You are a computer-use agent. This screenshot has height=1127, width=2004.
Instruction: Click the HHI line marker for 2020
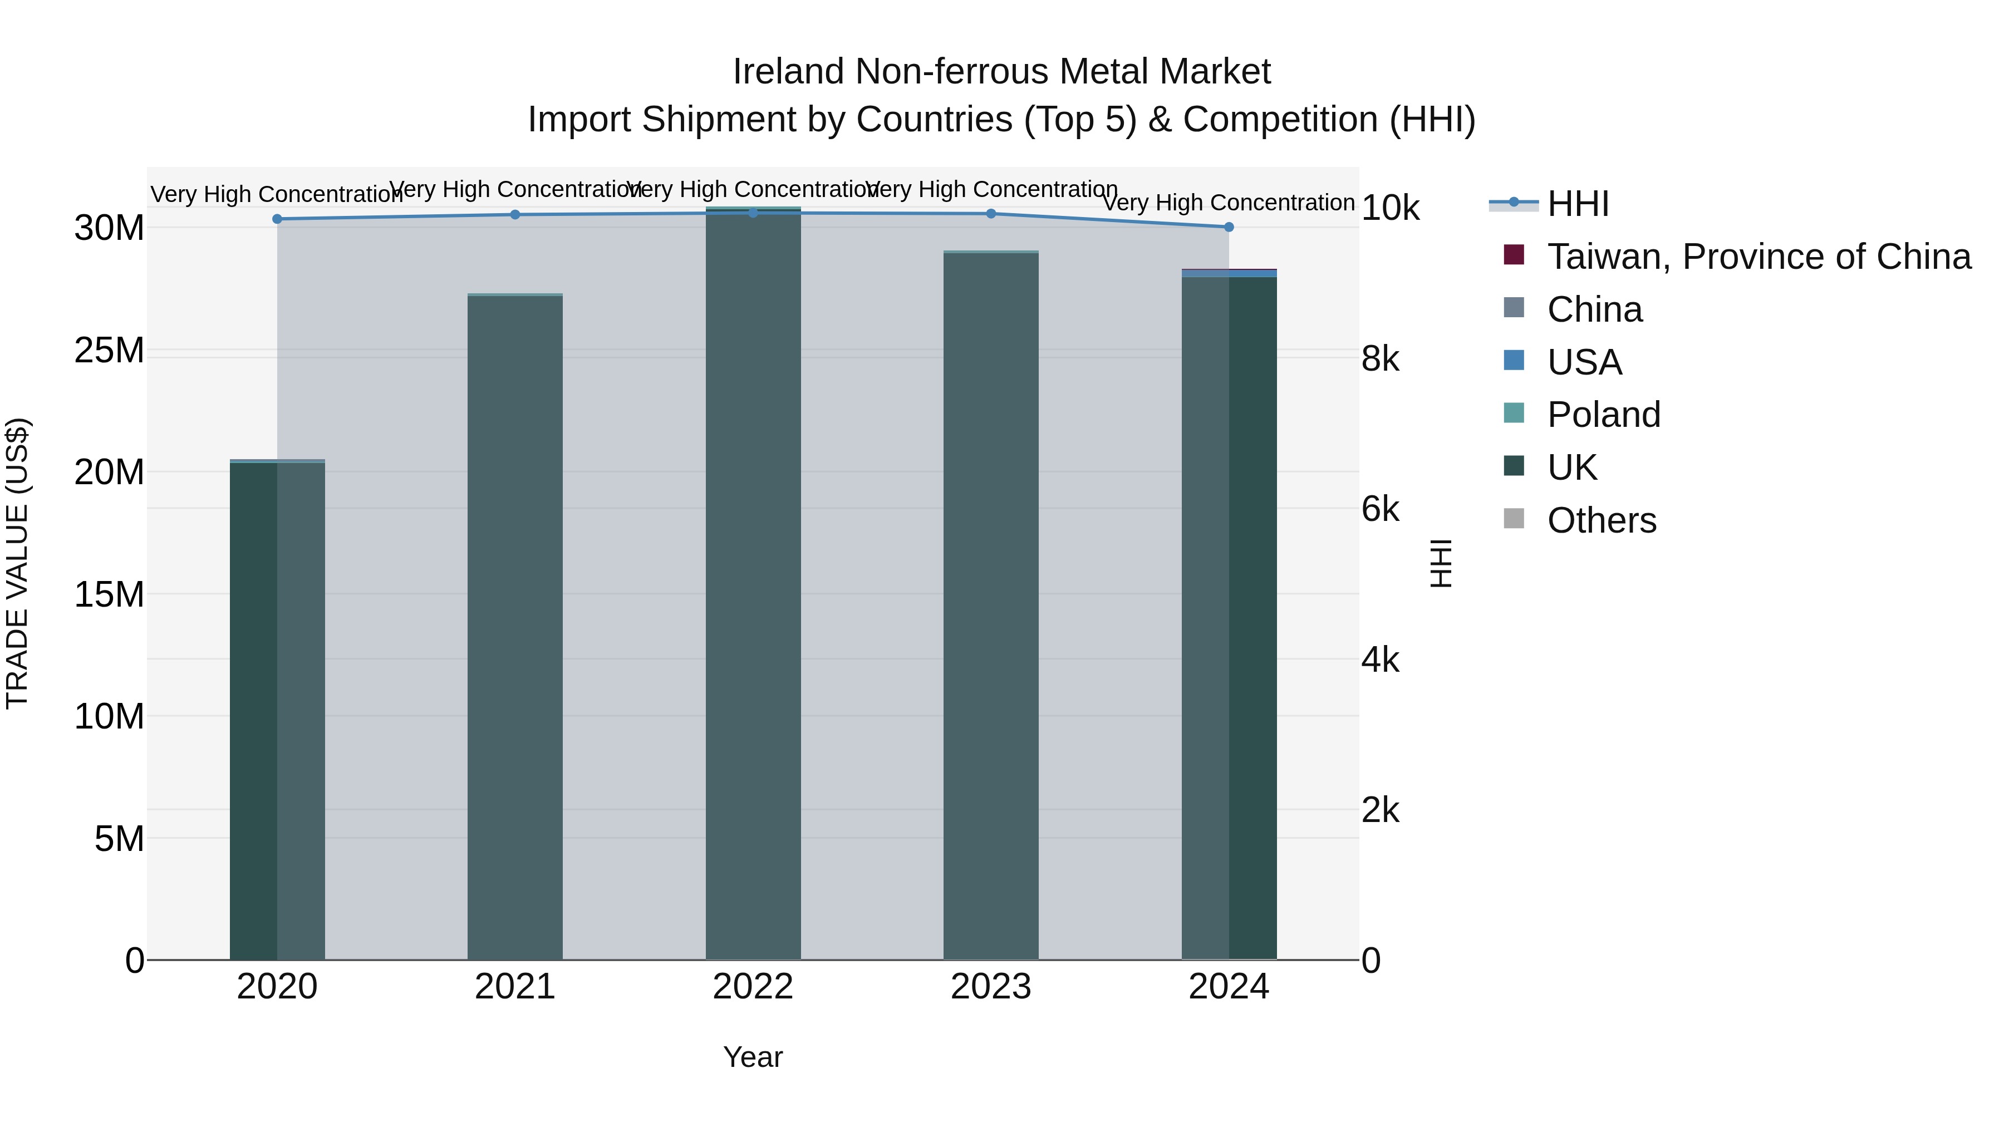[x=277, y=219]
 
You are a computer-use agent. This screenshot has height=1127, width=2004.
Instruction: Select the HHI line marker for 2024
[x=1229, y=227]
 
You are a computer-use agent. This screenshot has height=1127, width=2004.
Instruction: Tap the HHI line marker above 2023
[x=990, y=213]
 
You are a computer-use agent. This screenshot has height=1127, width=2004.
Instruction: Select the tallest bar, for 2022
[x=753, y=583]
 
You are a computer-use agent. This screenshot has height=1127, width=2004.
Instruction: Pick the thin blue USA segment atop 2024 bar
[x=1229, y=274]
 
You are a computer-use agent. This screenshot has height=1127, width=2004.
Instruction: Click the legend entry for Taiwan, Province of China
[x=1758, y=257]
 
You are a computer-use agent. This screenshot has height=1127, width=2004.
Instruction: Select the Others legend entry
[x=1601, y=520]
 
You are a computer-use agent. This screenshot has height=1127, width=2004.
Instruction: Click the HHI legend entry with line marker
[x=1577, y=204]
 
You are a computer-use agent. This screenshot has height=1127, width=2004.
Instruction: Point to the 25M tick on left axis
[x=110, y=351]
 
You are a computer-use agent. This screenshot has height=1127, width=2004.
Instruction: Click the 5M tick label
[x=119, y=839]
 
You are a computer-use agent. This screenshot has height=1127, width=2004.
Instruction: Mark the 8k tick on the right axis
[x=1380, y=360]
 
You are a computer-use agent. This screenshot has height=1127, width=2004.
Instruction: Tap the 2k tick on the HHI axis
[x=1380, y=810]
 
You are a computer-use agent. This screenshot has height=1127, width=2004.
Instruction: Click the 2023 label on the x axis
[x=990, y=987]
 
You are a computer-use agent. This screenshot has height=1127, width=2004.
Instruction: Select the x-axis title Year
[x=752, y=1057]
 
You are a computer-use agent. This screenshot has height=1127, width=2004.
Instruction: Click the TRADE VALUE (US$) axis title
[x=17, y=563]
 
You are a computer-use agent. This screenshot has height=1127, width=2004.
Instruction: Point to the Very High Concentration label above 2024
[x=1229, y=203]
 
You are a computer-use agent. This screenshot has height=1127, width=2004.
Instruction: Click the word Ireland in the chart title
[x=788, y=72]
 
